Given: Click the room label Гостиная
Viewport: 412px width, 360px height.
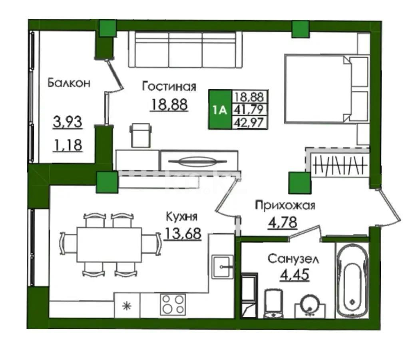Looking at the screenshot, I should [x=169, y=86].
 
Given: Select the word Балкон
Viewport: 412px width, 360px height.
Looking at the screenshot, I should [x=69, y=83].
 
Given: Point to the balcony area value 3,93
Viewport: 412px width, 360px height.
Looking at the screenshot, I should [x=68, y=121].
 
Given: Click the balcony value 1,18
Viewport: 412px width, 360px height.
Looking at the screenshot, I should [x=68, y=145].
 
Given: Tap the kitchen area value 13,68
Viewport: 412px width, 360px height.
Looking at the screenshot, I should [x=182, y=233].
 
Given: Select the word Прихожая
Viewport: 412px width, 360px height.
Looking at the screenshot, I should [x=285, y=206].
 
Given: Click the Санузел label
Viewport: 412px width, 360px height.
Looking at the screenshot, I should [x=293, y=259].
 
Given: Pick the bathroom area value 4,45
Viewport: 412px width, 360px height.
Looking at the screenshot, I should [x=295, y=275].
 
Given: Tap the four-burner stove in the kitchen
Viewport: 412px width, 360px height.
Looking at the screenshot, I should [x=173, y=304].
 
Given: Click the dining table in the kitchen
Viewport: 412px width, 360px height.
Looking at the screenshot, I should [x=109, y=244].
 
